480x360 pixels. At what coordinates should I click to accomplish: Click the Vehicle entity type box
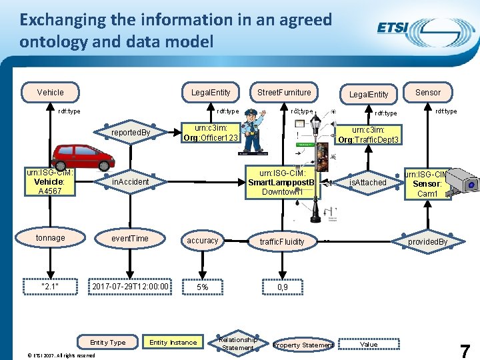(x=51, y=92)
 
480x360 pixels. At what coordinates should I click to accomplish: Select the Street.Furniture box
(x=284, y=92)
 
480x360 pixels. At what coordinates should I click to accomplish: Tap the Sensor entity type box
(x=428, y=92)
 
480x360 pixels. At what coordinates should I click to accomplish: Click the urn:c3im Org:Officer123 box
(x=211, y=133)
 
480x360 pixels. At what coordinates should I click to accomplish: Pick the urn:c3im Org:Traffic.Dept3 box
(x=368, y=135)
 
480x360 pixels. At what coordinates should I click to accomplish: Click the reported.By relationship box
(x=131, y=133)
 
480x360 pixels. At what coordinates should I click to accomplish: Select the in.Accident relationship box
(x=130, y=181)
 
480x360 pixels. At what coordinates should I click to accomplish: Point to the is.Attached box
(x=369, y=182)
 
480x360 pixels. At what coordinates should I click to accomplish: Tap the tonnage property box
(x=51, y=238)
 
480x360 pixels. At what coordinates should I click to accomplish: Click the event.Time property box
(x=130, y=238)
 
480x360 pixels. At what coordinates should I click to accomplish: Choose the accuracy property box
(x=203, y=241)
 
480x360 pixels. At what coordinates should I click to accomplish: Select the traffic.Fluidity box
(x=282, y=241)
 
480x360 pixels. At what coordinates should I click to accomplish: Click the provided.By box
(x=427, y=241)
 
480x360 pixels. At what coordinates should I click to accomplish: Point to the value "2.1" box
(x=51, y=287)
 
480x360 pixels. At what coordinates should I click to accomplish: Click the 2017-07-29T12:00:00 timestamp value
(x=131, y=287)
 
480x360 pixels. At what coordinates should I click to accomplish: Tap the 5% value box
(x=202, y=287)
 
